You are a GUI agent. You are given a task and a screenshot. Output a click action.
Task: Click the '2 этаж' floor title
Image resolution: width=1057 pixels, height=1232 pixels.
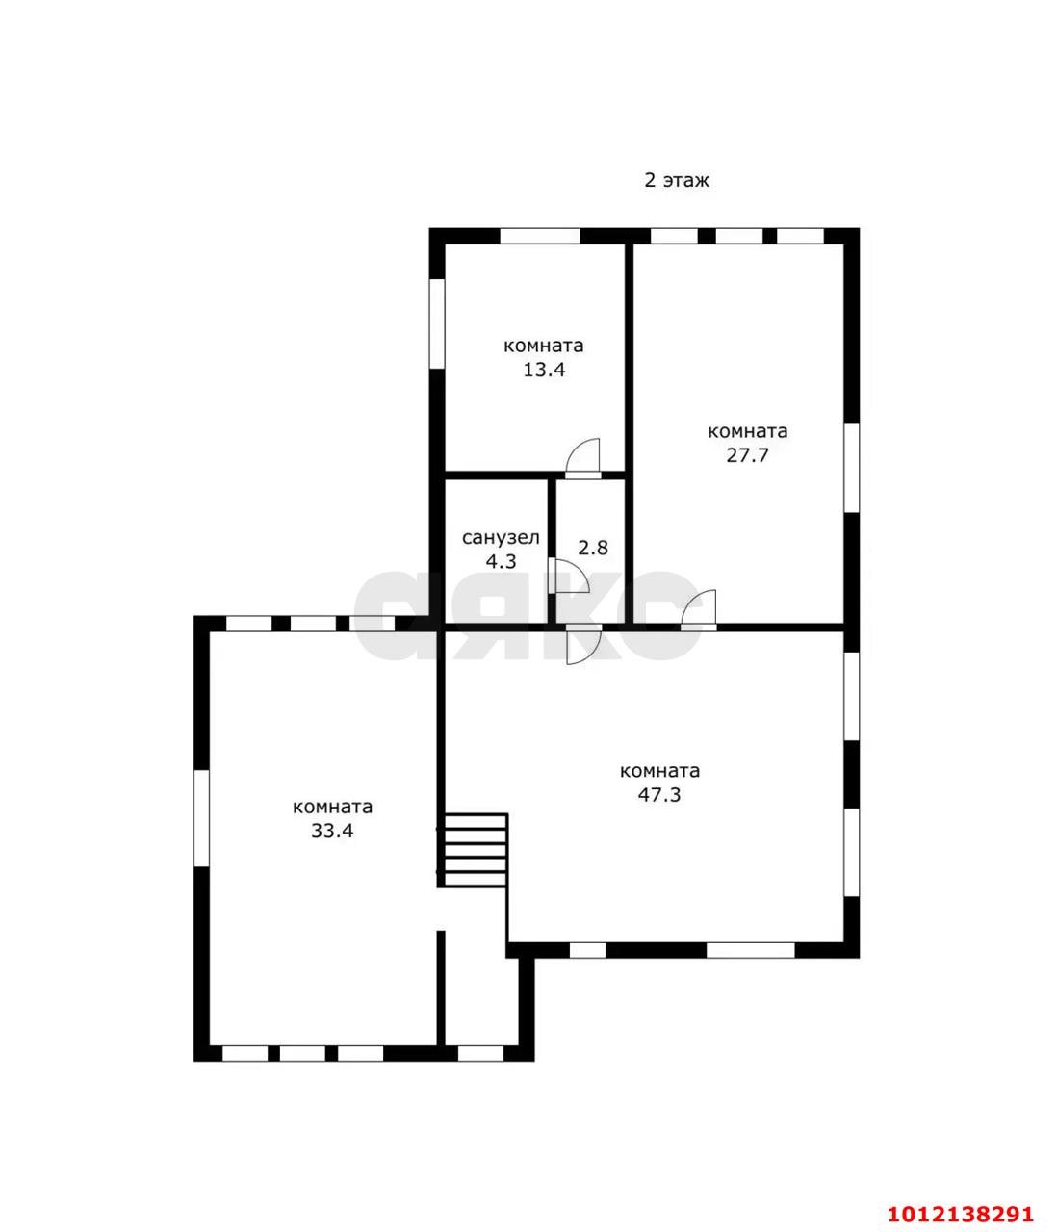(677, 179)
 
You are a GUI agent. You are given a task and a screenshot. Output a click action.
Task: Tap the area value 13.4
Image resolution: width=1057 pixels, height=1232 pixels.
(544, 370)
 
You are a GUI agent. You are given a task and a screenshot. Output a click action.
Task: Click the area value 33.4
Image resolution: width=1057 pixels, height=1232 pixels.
(332, 831)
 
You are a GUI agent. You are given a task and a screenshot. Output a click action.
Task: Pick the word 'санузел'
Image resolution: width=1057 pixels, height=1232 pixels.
(501, 538)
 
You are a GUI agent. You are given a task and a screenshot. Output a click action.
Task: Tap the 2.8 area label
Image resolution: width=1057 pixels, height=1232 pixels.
(593, 547)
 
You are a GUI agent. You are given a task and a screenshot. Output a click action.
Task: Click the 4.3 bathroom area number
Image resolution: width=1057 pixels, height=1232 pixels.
(501, 561)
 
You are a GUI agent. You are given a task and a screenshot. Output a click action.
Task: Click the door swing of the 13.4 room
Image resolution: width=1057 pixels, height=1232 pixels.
(583, 458)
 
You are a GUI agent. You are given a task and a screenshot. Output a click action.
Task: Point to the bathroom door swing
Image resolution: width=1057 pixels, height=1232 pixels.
(569, 576)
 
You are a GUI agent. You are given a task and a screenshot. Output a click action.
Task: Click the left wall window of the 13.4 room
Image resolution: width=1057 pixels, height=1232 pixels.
(437, 323)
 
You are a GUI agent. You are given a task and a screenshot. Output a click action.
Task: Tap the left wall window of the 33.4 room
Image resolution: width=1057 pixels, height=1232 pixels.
(202, 818)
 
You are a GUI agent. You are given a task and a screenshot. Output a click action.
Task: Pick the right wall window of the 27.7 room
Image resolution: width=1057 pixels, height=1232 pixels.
(852, 467)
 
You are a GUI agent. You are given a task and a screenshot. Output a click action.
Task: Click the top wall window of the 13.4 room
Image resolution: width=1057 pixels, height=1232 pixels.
(539, 236)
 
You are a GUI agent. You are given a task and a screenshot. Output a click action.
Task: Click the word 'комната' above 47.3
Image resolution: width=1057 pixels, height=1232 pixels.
(659, 771)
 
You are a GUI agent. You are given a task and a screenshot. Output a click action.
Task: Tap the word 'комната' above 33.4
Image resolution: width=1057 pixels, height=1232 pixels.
(332, 807)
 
